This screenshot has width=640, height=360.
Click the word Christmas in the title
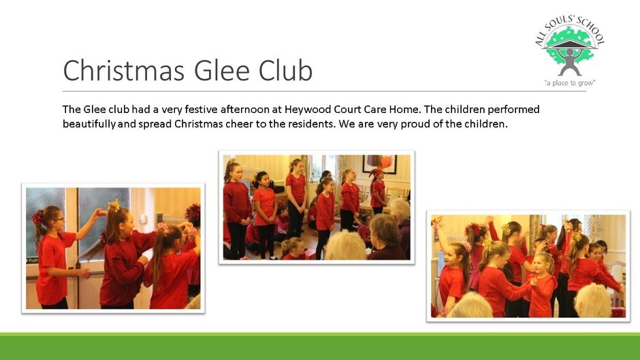coord(124,70)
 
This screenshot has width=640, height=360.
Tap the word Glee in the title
coord(222,70)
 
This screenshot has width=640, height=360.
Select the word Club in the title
coord(285,69)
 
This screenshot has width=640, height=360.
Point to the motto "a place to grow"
coord(570,83)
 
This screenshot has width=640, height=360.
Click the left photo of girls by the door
coord(113,248)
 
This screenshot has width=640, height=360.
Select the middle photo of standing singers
coord(317,208)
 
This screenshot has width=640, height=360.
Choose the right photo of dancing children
coord(528,266)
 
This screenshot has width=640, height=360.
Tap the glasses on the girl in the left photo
coord(59,218)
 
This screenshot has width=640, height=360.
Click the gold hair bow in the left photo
coord(114,206)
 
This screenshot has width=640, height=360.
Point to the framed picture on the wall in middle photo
coord(380,164)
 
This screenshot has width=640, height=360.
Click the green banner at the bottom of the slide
coord(320,346)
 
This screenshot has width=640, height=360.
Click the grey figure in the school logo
coord(570,61)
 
